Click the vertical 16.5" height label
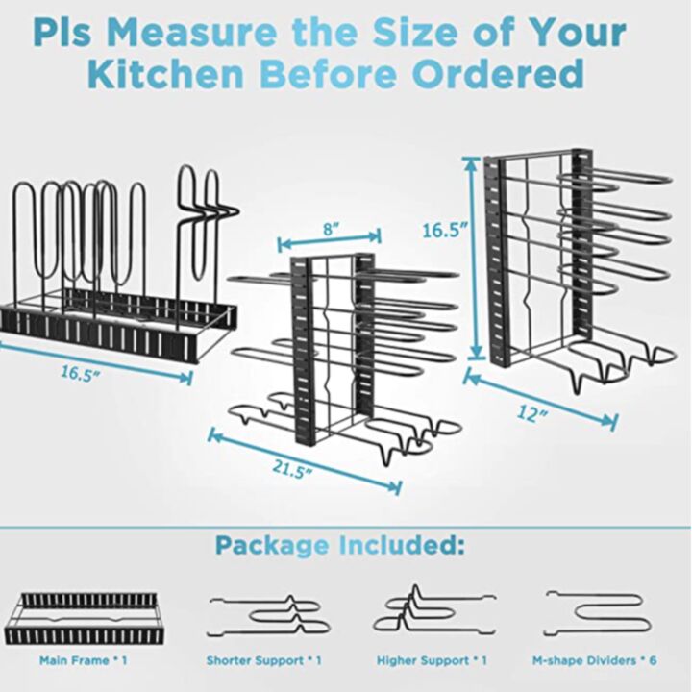445,231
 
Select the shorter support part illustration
264,614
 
